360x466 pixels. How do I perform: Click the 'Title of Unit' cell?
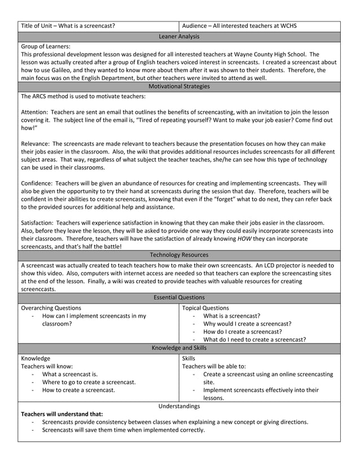68,26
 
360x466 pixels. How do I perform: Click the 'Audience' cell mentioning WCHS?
239,26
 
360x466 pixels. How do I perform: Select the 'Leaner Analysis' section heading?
179,37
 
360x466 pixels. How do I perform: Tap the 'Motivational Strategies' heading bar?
179,86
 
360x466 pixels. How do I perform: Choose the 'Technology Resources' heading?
179,255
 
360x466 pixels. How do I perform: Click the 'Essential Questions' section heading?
179,297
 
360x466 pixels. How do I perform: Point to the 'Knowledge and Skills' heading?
179,348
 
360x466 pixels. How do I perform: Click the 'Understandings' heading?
179,406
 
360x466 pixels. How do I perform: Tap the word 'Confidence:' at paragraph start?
37,183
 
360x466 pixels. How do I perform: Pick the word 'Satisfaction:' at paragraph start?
38,223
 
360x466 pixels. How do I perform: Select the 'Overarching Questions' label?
51,308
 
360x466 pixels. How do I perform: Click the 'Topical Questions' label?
205,308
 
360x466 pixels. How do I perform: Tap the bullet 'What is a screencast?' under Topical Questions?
231,316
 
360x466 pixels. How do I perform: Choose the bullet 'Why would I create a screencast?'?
247,324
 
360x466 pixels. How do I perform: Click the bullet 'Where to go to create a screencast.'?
89,382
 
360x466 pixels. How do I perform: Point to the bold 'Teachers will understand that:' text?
62,414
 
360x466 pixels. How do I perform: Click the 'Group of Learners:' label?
45,46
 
